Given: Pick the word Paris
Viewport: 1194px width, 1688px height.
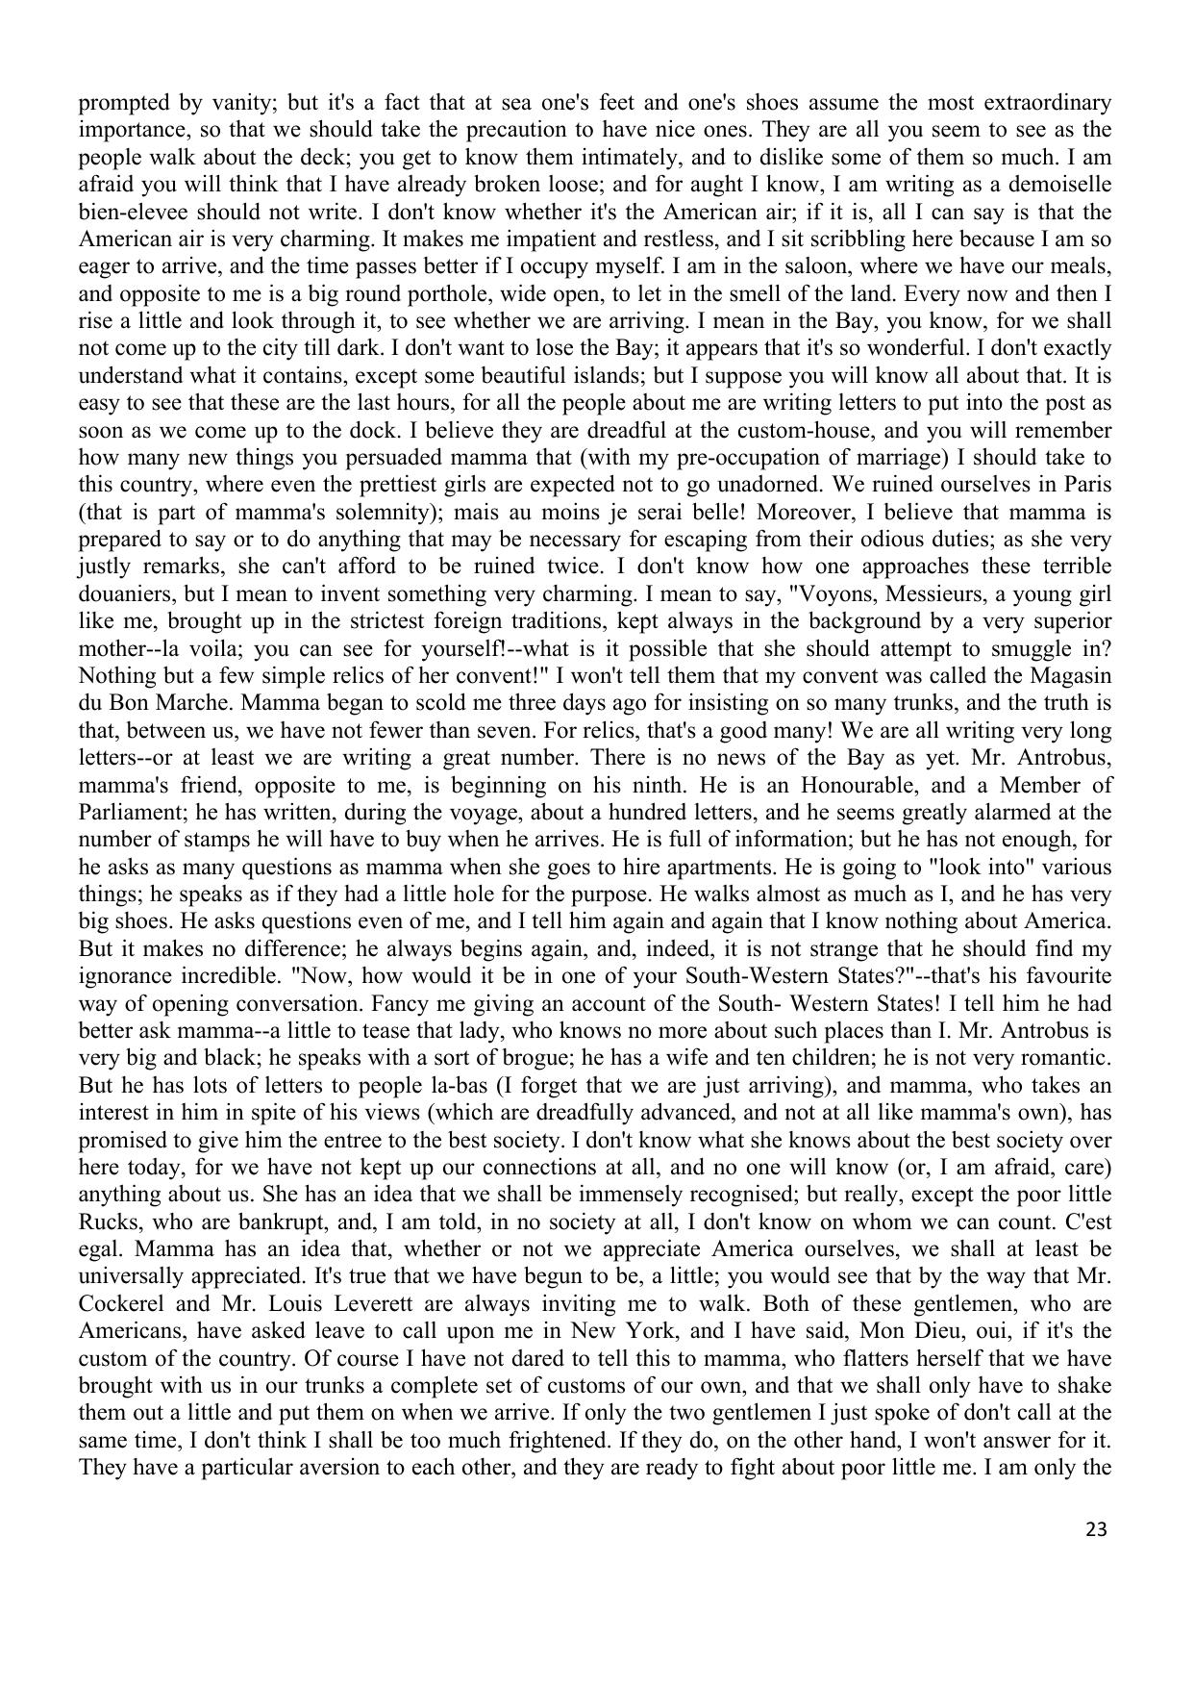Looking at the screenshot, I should [x=1087, y=485].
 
